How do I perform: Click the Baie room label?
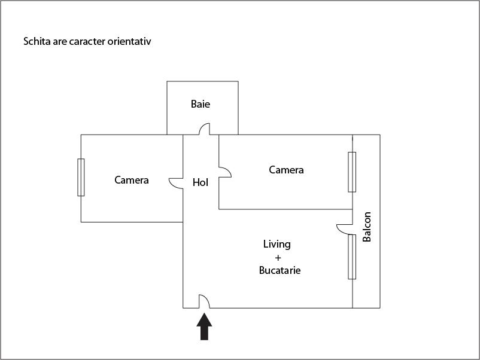[x=200, y=104]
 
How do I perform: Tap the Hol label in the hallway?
[x=200, y=182]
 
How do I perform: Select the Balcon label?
[x=367, y=227]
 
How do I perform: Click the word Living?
[x=277, y=244]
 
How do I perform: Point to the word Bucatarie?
[x=280, y=270]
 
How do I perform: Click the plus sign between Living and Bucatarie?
[x=277, y=257]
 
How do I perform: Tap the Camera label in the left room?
[x=132, y=180]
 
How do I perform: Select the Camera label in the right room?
[x=286, y=170]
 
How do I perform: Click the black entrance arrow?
[x=205, y=327]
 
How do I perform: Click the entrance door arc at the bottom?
[x=203, y=301]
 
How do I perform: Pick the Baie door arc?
[x=205, y=129]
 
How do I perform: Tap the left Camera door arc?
[x=177, y=183]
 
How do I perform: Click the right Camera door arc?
[x=225, y=172]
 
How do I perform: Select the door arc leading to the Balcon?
[x=345, y=228]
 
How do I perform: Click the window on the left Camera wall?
[x=81, y=177]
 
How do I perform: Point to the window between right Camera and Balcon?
[x=352, y=172]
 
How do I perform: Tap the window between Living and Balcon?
[x=352, y=257]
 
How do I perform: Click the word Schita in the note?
[x=37, y=42]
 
